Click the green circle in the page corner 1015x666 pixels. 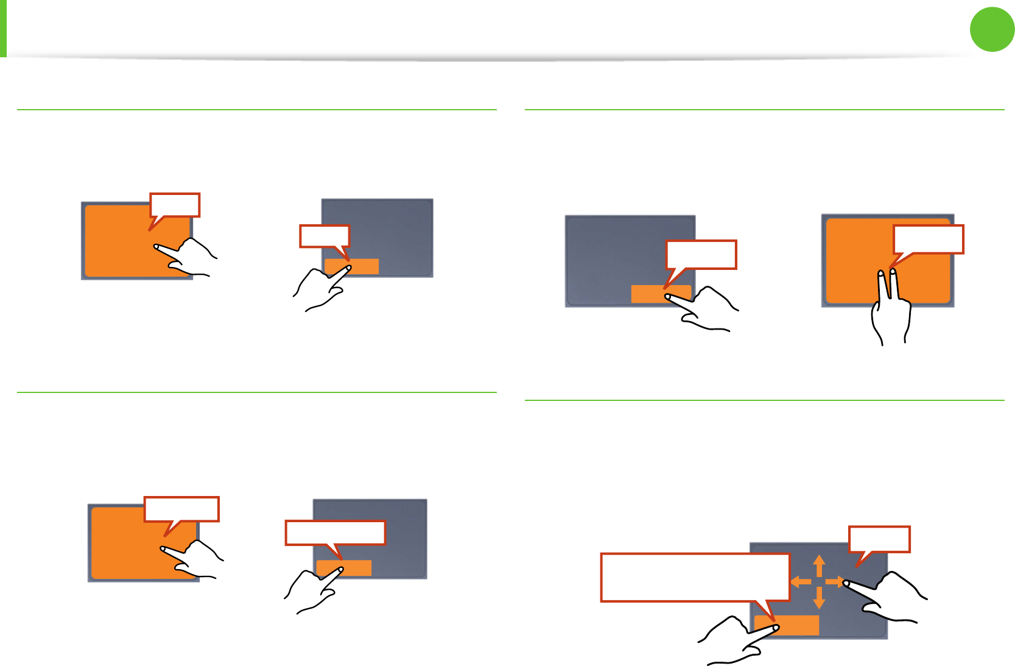(x=992, y=29)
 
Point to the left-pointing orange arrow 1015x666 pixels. (x=799, y=581)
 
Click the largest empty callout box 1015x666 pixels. (x=695, y=577)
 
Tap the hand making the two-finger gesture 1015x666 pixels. (x=891, y=311)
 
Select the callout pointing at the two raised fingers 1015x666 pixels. (x=928, y=239)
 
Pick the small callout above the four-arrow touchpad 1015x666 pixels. (x=879, y=539)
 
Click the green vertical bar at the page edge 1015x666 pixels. (x=3, y=28)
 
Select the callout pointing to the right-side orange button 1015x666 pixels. (x=701, y=255)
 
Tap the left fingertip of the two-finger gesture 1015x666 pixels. (x=880, y=275)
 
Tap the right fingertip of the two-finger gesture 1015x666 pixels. (x=893, y=272)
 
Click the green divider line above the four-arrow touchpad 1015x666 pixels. (x=764, y=400)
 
